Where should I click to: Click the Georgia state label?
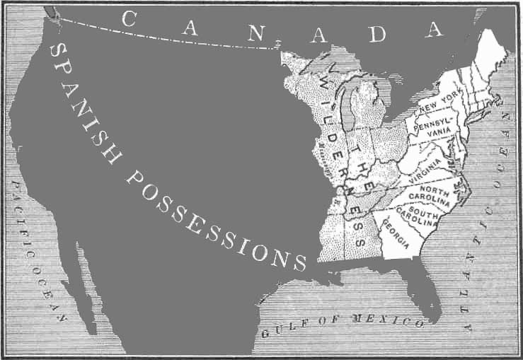pyautogui.click(x=396, y=233)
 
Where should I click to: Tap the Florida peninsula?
pyautogui.click(x=425, y=290)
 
